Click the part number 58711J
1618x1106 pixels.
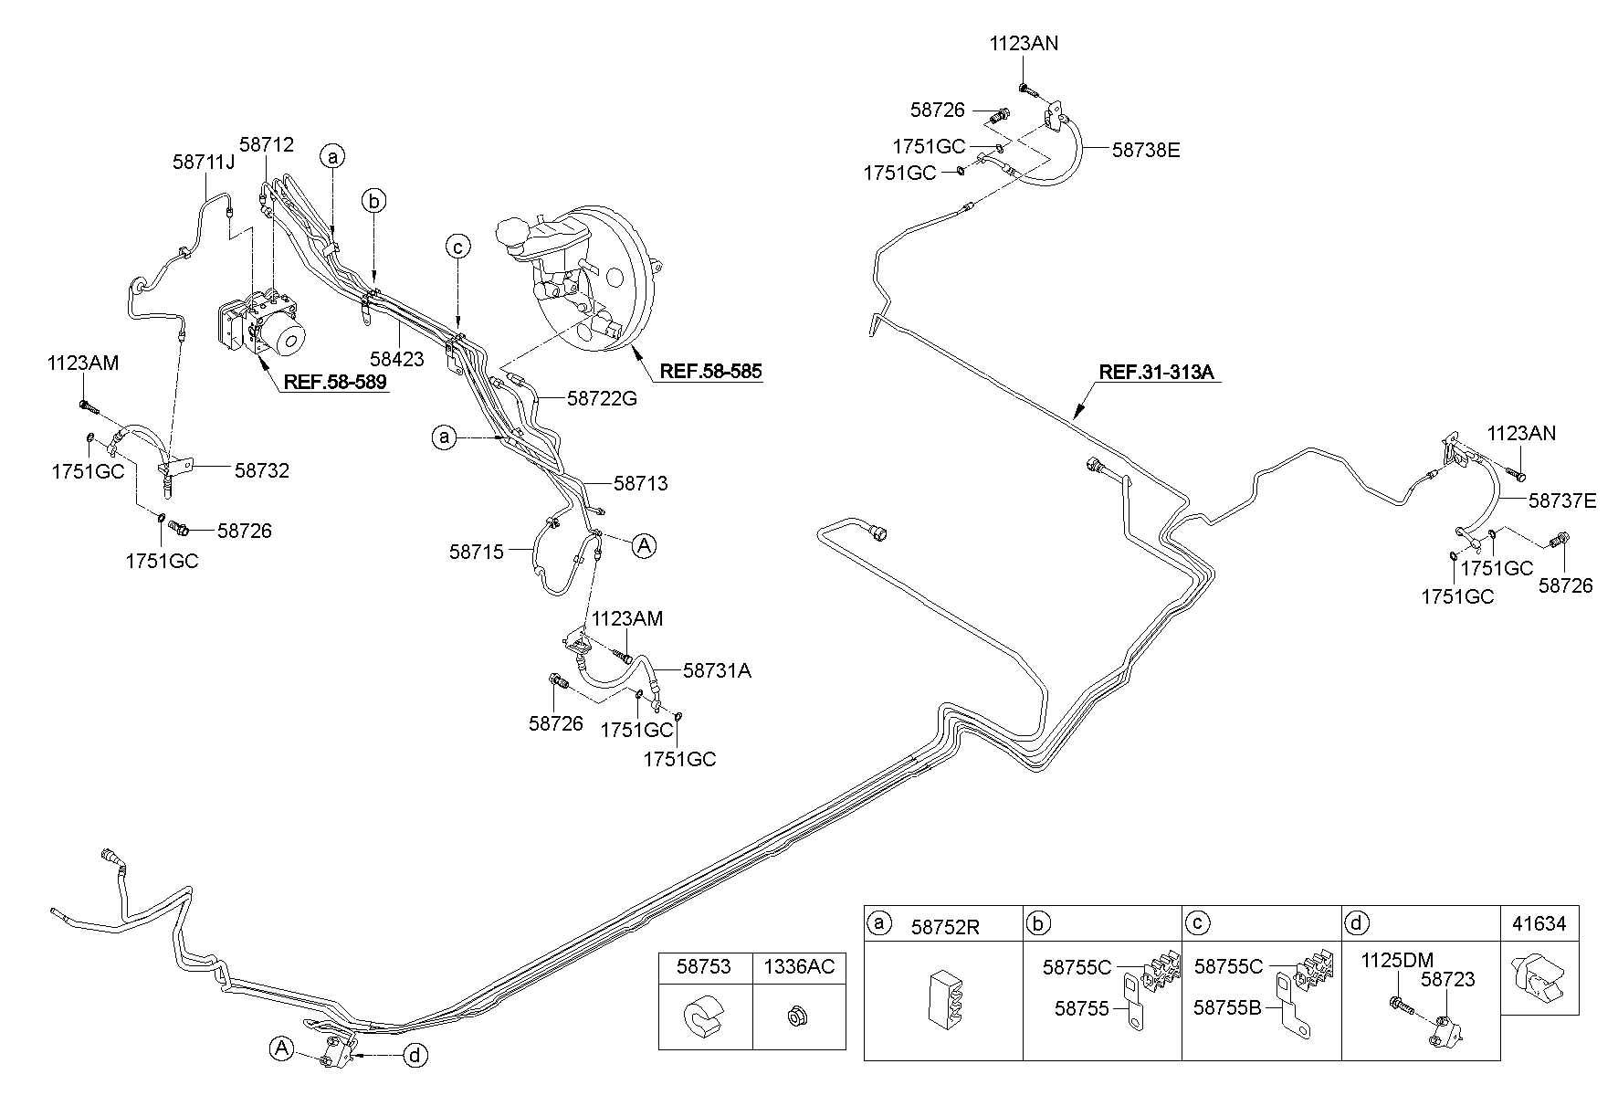[204, 162]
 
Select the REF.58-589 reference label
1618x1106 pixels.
[334, 382]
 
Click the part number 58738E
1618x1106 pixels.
[1146, 150]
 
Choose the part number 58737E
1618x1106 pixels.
[1562, 500]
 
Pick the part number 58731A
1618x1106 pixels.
[717, 670]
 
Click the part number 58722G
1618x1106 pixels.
[602, 398]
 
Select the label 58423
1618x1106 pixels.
[397, 359]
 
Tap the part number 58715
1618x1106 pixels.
[476, 552]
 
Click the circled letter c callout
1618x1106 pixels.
[458, 246]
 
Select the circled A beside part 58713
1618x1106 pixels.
[644, 546]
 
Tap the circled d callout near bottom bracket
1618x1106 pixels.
[415, 1056]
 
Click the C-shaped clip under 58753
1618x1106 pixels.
[704, 1017]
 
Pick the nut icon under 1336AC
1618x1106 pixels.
[793, 1016]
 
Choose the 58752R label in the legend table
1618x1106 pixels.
[945, 928]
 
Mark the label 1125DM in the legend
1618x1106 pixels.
[1397, 960]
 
